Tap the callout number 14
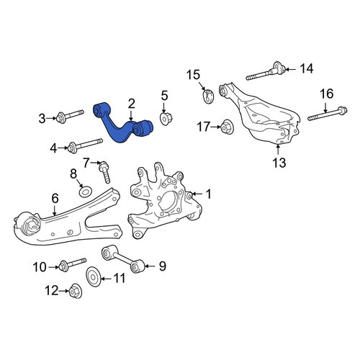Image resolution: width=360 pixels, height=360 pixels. coord(307,69)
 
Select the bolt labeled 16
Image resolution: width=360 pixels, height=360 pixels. coord(328,114)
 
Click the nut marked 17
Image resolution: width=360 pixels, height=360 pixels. coord(226,127)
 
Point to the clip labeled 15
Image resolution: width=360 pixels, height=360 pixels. coord(208,96)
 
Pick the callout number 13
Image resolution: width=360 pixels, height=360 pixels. coord(279,163)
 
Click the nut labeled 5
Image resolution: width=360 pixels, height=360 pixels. coord(166,118)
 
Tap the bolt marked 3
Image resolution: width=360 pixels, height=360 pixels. coord(70,116)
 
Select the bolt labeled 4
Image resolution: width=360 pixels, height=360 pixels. coord(85,145)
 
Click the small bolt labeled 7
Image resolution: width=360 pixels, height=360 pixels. coord(104,171)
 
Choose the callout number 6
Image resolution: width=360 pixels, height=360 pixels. coord(55,199)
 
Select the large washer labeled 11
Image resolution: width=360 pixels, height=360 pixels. coord(94,276)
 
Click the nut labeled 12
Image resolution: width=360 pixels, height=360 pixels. coord(76,291)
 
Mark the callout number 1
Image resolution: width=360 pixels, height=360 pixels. coord(209,194)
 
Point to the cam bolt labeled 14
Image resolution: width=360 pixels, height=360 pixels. coord(265,71)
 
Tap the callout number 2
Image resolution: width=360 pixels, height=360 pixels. coord(131,104)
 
